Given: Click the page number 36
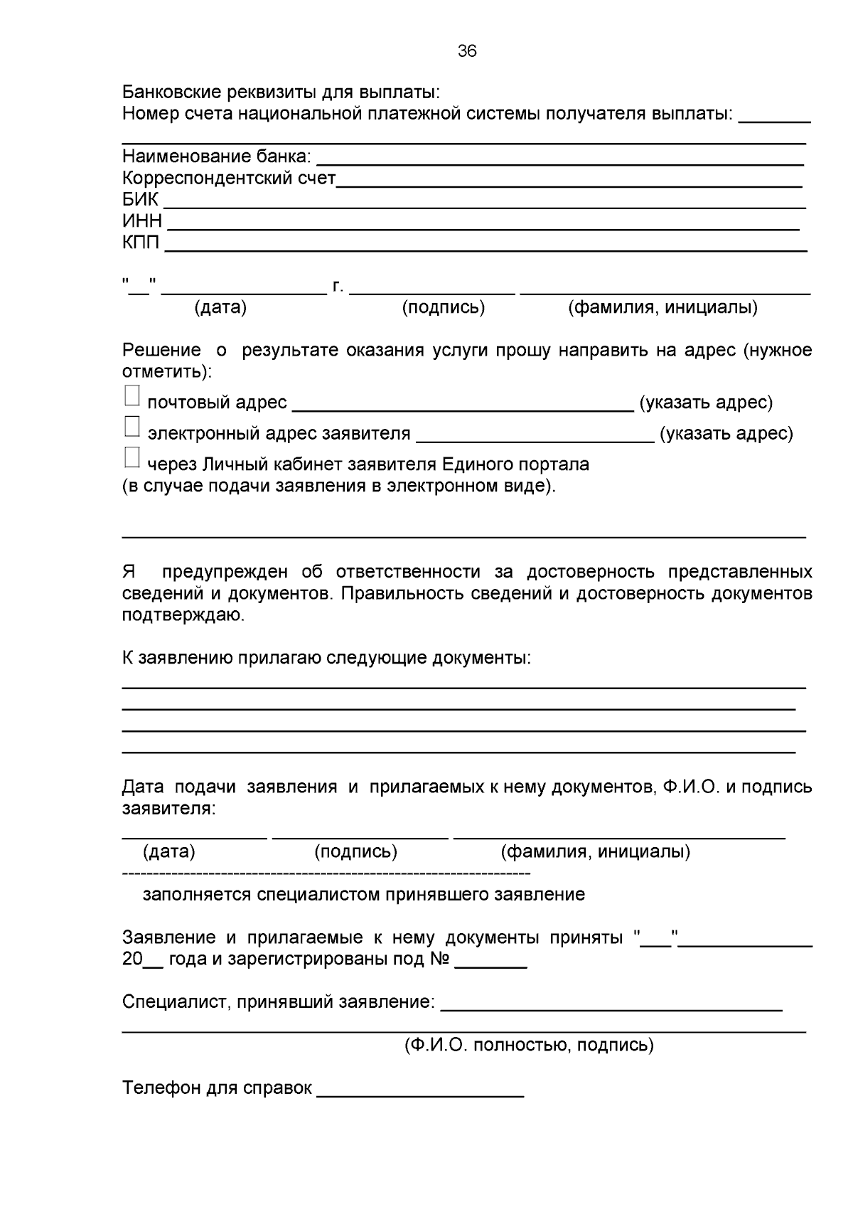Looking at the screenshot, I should click(x=467, y=51).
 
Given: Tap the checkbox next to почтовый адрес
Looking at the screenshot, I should click(x=132, y=396).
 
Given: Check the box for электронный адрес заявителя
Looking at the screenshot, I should click(x=132, y=427).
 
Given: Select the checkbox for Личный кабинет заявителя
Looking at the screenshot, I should click(x=132, y=457).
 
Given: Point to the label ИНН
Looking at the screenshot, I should click(x=141, y=221).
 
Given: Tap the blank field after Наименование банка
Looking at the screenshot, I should click(x=559, y=164).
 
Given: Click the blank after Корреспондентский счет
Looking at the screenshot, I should click(x=569, y=185).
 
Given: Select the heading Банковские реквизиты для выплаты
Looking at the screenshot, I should click(x=281, y=92).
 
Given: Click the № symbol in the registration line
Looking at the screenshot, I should click(x=439, y=959).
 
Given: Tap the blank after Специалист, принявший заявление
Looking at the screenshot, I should click(x=611, y=1009).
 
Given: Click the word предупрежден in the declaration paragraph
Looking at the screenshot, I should click(x=225, y=572).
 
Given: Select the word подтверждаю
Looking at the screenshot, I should click(x=183, y=615).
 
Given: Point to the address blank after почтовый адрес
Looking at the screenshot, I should click(x=463, y=410).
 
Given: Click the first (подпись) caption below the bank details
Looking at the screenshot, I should click(x=443, y=307).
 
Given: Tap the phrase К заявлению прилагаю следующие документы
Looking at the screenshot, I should click(x=326, y=658).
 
